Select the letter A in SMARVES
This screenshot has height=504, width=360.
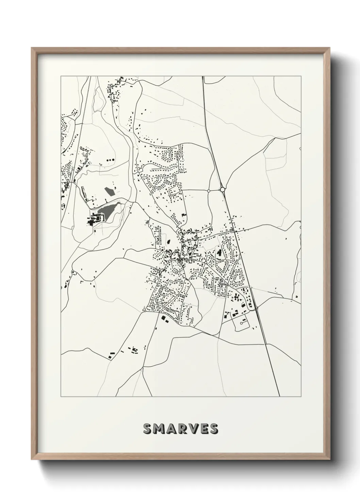tap(171, 429)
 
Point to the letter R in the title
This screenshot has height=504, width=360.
tap(182, 429)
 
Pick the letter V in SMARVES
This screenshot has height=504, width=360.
tap(193, 429)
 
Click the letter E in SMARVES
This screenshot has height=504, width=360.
tap(203, 429)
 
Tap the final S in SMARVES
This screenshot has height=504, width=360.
tap(213, 429)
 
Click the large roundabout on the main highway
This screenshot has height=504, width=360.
tap(223, 189)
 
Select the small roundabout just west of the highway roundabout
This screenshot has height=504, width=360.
tap(209, 191)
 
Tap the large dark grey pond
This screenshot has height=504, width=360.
tap(108, 211)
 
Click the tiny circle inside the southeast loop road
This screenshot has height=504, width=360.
tap(242, 322)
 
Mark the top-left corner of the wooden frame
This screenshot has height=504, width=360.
tap(32, 48)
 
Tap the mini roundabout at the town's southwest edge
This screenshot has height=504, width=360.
tap(145, 311)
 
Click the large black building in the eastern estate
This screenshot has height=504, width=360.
tap(219, 253)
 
